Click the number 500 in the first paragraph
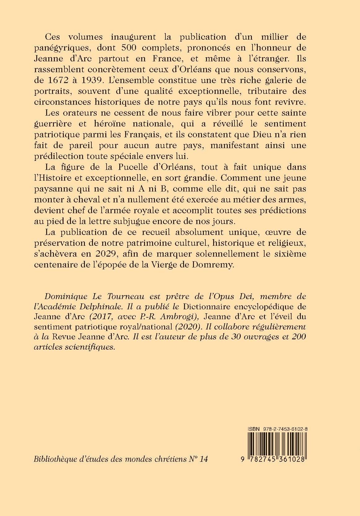[x=127, y=47]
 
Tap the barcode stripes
[x=276, y=446]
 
